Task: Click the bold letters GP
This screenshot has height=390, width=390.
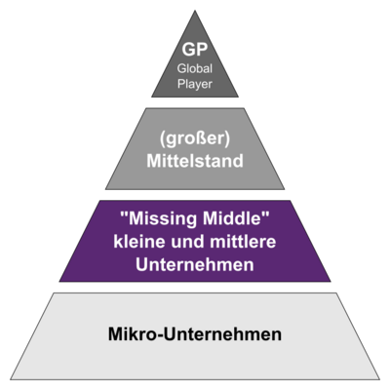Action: [195, 50]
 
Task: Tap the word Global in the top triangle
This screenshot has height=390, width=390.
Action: [195, 68]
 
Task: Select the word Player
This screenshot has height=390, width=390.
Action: [195, 85]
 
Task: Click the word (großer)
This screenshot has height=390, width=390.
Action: [195, 138]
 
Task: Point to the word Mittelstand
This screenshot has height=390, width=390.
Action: [195, 161]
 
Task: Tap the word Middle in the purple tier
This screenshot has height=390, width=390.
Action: [232, 218]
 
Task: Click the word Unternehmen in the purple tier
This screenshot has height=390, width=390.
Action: [195, 264]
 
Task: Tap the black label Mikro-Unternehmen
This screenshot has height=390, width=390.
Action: [195, 334]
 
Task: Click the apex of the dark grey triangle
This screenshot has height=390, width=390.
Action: [195, 11]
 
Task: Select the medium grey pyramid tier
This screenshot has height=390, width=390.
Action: [195, 148]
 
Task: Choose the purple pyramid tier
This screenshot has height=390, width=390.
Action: [195, 241]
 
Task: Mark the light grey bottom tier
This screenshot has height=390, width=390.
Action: [195, 336]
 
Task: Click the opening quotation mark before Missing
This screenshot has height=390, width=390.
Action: [124, 215]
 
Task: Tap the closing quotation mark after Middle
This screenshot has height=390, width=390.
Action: [266, 215]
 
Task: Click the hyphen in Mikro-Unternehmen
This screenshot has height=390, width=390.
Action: [160, 335]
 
